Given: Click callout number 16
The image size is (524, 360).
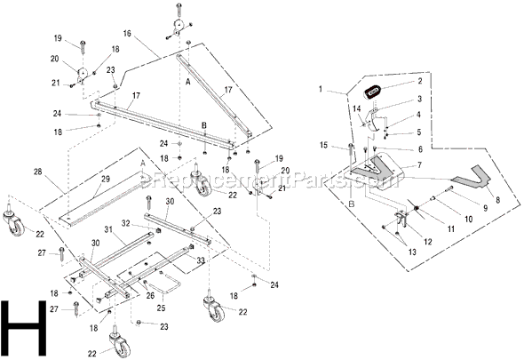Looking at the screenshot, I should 128,32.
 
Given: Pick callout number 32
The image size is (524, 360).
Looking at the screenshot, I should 126,223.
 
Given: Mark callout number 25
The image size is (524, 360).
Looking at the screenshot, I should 160,308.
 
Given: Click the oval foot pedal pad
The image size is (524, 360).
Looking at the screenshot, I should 374,91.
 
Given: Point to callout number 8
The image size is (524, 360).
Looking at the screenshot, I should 496,201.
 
